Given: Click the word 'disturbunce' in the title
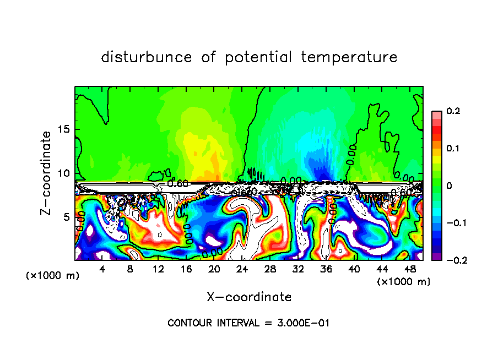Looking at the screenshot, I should pyautogui.click(x=147, y=57).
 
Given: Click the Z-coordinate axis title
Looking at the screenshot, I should pyautogui.click(x=46, y=173).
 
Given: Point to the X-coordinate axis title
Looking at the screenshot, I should pyautogui.click(x=249, y=297).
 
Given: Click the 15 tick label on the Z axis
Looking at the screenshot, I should pyautogui.click(x=64, y=129).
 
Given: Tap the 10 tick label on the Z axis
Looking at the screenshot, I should pyautogui.click(x=64, y=173).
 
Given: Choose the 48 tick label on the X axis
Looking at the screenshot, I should pyautogui.click(x=410, y=269).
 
